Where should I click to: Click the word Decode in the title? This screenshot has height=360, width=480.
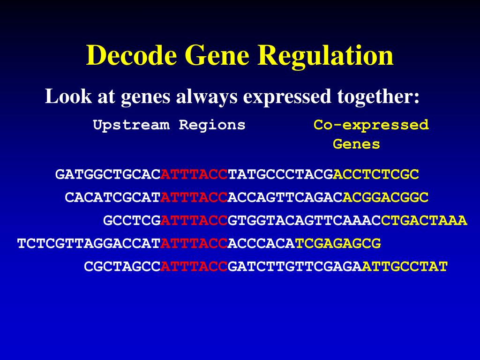coord(131,55)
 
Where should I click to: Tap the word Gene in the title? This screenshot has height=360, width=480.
coord(217,55)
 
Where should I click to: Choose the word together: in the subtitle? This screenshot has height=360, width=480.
coord(378,97)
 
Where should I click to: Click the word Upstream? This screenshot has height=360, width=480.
coord(131,125)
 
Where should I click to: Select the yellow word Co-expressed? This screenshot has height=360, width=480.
coord(371,125)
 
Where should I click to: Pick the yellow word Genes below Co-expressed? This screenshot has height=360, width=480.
coord(356,144)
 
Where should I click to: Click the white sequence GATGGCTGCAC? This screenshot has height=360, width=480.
coord(108,174)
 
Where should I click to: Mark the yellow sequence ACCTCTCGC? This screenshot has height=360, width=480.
coord(376,174)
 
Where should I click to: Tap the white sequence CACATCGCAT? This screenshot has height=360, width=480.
coord(112,197)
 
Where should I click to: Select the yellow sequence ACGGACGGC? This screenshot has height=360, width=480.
coord(385,197)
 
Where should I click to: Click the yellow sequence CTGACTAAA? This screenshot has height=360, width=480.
coord(424,220)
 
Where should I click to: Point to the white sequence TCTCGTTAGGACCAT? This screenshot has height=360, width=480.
coord(89,244)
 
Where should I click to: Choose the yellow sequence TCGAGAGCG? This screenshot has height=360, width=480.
coord(338,244)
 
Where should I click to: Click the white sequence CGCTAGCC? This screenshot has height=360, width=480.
coord(122,267)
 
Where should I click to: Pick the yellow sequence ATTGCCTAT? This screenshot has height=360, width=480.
coord(405,267)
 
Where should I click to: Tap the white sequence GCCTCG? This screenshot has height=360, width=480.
coord(132,220)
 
